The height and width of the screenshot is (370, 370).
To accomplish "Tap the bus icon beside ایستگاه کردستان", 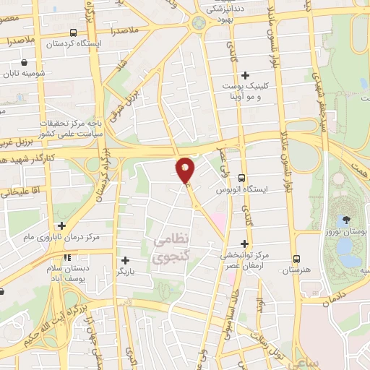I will coord(73,33).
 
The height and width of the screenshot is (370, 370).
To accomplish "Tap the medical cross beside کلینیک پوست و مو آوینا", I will coord(245,75).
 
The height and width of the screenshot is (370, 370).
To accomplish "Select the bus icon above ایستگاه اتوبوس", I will coord(241,177).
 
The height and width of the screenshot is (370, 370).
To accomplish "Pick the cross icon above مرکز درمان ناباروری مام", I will coord(61,226).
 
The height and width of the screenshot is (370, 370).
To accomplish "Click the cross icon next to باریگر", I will coord(126,259).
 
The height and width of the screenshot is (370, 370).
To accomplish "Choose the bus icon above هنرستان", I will coord(296,259).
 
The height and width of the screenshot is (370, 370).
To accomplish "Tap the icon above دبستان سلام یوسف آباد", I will coord(66,257).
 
